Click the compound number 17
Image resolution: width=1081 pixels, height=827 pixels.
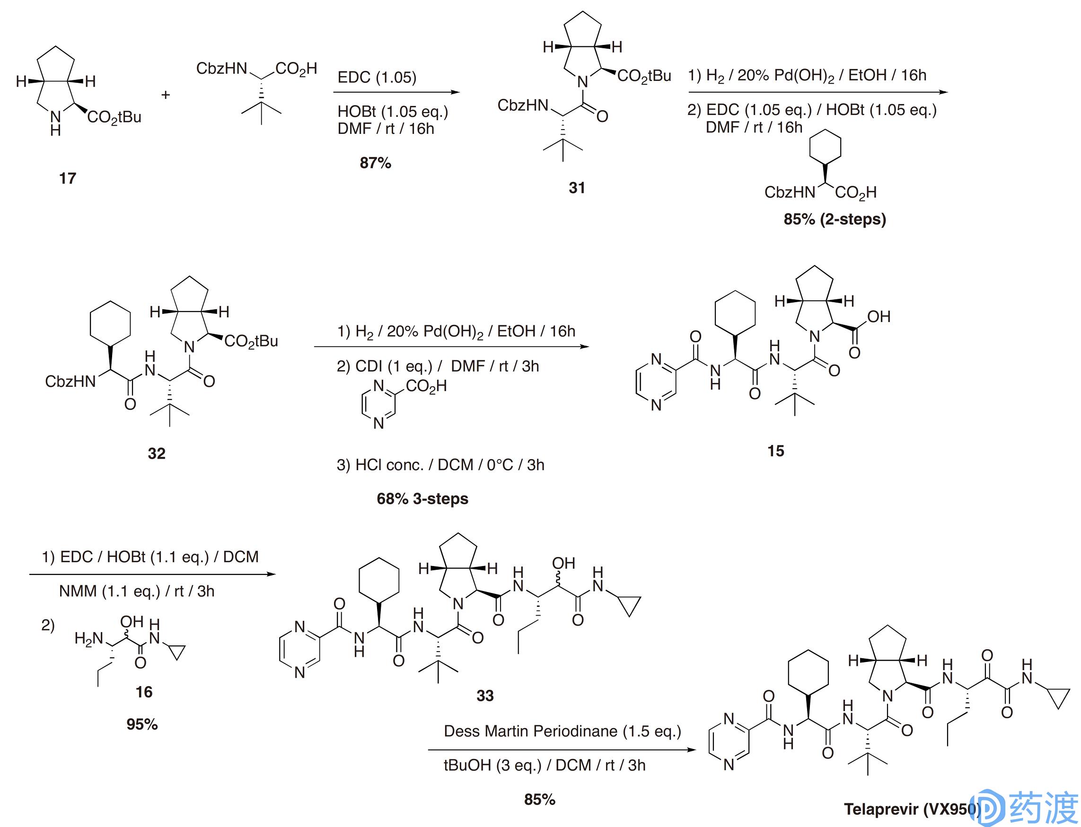pyautogui.click(x=68, y=178)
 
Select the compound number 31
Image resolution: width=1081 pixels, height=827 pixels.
pyautogui.click(x=577, y=188)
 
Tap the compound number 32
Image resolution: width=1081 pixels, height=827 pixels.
pyautogui.click(x=157, y=453)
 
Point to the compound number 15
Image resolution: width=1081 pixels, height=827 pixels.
pyautogui.click(x=776, y=451)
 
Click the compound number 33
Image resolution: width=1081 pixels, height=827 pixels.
pyautogui.click(x=484, y=695)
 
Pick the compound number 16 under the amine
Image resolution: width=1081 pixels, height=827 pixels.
pyautogui.click(x=144, y=692)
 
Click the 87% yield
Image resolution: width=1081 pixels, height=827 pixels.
pyautogui.click(x=375, y=163)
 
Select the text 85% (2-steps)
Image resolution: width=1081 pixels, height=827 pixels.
pyautogui.click(x=834, y=219)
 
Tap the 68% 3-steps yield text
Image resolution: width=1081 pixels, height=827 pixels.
pyautogui.click(x=422, y=499)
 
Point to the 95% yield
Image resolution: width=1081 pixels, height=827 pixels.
pyautogui.click(x=142, y=724)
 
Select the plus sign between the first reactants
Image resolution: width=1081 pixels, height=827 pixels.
pyautogui.click(x=166, y=95)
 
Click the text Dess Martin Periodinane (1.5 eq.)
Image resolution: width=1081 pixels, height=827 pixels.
pyautogui.click(x=562, y=731)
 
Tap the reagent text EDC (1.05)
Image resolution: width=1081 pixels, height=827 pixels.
pyautogui.click(x=377, y=77)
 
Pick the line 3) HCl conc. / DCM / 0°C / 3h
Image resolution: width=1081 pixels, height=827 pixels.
pyautogui.click(x=440, y=465)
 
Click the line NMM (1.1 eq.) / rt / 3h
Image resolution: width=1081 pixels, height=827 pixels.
pyautogui.click(x=136, y=591)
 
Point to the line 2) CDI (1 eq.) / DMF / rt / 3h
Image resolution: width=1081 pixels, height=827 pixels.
pyautogui.click(x=437, y=366)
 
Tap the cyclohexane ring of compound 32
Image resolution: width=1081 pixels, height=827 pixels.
pyautogui.click(x=110, y=325)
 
